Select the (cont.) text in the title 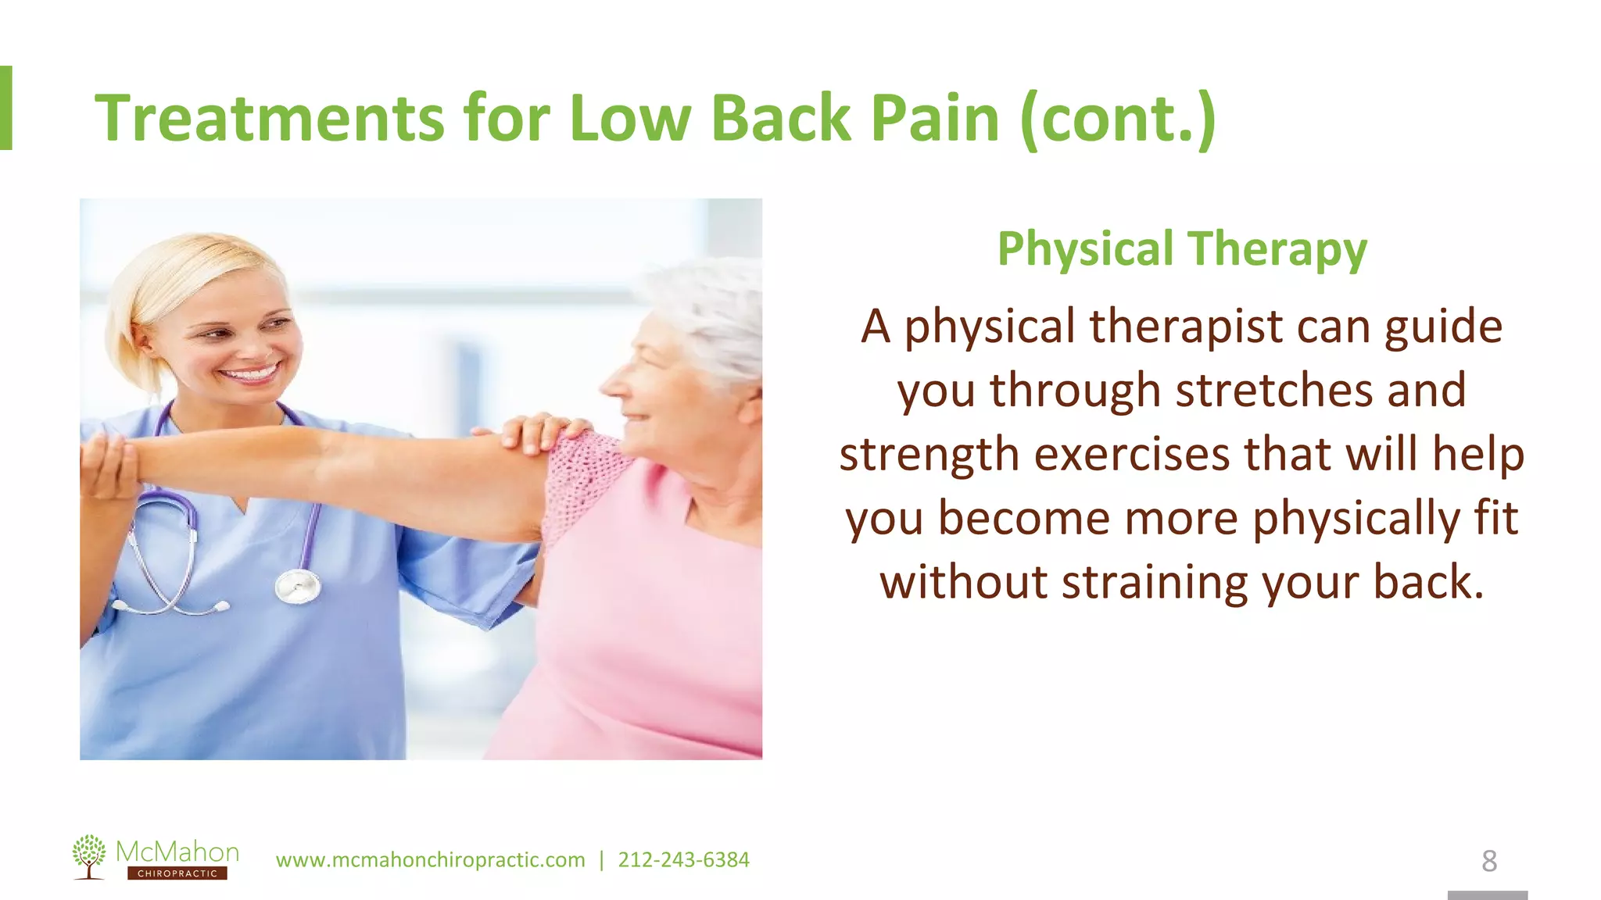click(1118, 119)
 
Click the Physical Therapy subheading click(1182, 248)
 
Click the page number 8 click(1489, 861)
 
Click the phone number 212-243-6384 click(683, 860)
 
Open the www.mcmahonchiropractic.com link click(430, 860)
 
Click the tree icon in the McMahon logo click(89, 855)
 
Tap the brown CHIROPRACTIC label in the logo click(177, 873)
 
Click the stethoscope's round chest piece click(298, 585)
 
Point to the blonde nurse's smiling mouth click(250, 373)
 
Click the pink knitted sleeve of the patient click(582, 480)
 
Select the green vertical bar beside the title click(5, 108)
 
